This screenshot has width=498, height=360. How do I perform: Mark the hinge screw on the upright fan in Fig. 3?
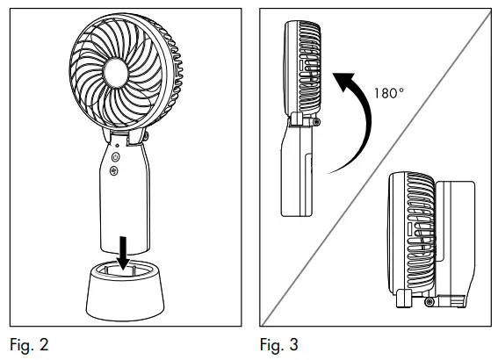[314, 122]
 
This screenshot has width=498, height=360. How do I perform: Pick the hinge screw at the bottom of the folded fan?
[428, 301]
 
